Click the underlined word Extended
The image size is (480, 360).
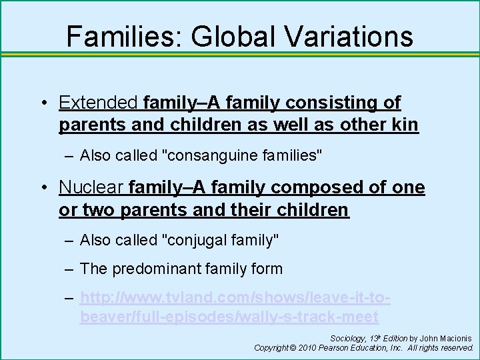(x=99, y=103)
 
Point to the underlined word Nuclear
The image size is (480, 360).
(x=92, y=188)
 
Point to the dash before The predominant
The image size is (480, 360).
(x=70, y=269)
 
